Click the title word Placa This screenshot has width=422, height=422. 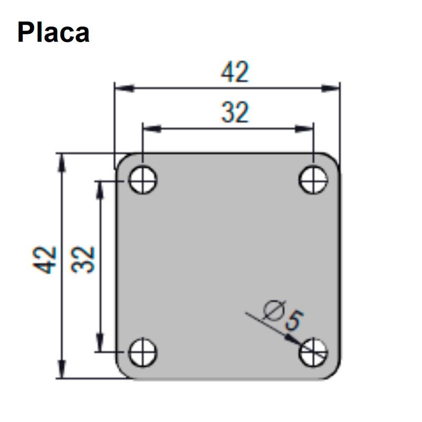point(53,33)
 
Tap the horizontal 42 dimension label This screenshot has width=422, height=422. point(235,72)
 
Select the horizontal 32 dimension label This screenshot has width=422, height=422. point(235,112)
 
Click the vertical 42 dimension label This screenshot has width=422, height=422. point(45,260)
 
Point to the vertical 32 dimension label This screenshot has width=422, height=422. point(83,260)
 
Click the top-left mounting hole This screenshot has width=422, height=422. point(142,180)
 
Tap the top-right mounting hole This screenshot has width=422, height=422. point(313,180)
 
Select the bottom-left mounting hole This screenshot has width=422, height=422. point(142,352)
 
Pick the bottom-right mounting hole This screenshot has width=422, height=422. point(313,352)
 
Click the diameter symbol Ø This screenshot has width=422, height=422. point(274,310)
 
